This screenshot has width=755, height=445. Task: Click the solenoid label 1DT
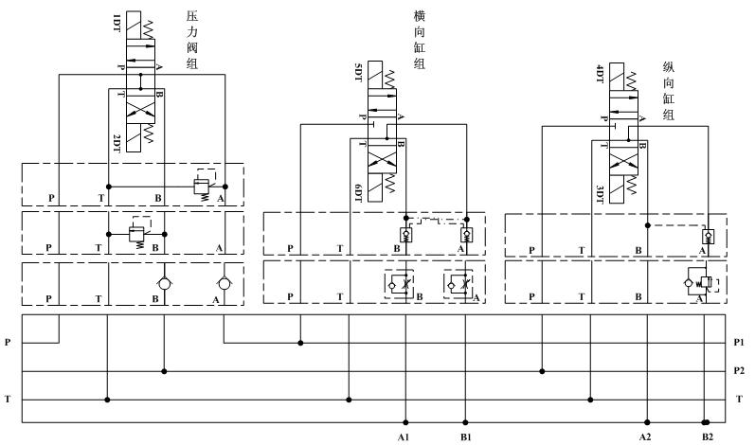[x=116, y=21]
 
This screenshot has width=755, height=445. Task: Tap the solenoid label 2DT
[x=116, y=141]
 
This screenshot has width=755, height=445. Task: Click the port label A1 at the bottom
[x=403, y=436]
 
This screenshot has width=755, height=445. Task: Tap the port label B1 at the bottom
[x=464, y=436]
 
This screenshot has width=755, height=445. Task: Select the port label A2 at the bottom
[x=645, y=436]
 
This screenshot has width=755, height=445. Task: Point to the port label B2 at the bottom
[x=708, y=436]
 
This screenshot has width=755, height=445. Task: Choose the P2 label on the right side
[x=740, y=371]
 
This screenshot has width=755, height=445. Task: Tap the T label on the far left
[x=9, y=400]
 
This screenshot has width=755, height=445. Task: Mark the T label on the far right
[x=739, y=400]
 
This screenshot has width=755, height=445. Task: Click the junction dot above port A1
[x=405, y=422]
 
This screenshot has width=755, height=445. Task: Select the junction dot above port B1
[x=465, y=422]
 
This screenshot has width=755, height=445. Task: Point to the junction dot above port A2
[x=647, y=422]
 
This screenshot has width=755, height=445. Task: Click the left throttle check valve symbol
[x=396, y=284]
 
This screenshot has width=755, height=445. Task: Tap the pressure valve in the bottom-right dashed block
[x=702, y=282]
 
